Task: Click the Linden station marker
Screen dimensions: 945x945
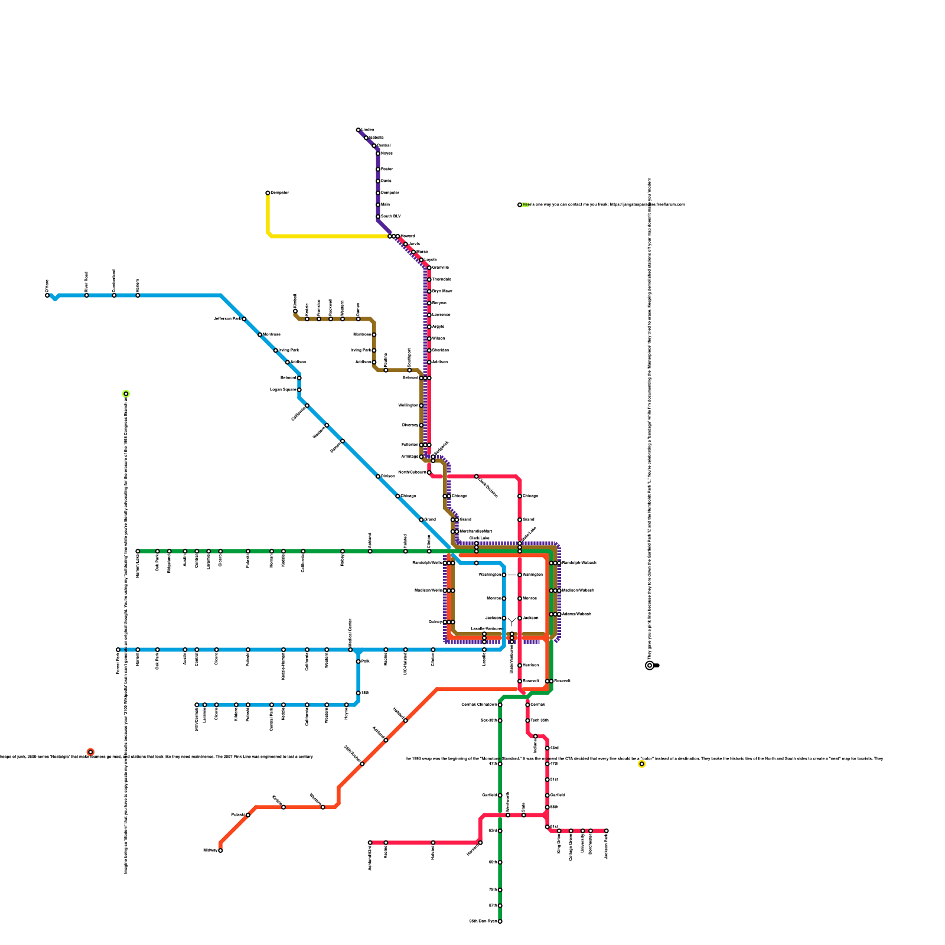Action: (x=359, y=130)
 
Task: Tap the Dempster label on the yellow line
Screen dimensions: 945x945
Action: (x=280, y=193)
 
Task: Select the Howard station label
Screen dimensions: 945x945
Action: (x=408, y=236)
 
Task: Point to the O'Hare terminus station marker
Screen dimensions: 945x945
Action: (x=47, y=295)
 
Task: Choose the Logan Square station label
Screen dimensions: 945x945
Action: (x=283, y=390)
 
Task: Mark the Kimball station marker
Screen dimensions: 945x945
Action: (x=295, y=311)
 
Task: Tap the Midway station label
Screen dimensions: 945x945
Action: (x=210, y=850)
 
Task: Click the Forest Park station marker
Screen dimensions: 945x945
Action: (x=118, y=650)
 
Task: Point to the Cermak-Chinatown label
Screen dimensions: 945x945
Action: (x=479, y=705)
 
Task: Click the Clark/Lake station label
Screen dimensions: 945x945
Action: (x=479, y=538)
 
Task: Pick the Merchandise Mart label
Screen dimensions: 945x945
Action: (x=475, y=532)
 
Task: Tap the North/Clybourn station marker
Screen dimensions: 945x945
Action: (x=429, y=472)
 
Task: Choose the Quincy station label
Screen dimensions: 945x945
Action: (x=435, y=622)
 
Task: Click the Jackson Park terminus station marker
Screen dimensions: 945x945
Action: (x=607, y=831)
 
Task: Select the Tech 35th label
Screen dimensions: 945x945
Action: (x=539, y=721)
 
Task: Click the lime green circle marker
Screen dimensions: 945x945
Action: (x=126, y=394)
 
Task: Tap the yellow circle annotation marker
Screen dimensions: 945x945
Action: (x=642, y=764)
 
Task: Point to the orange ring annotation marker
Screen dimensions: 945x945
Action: (x=90, y=752)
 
